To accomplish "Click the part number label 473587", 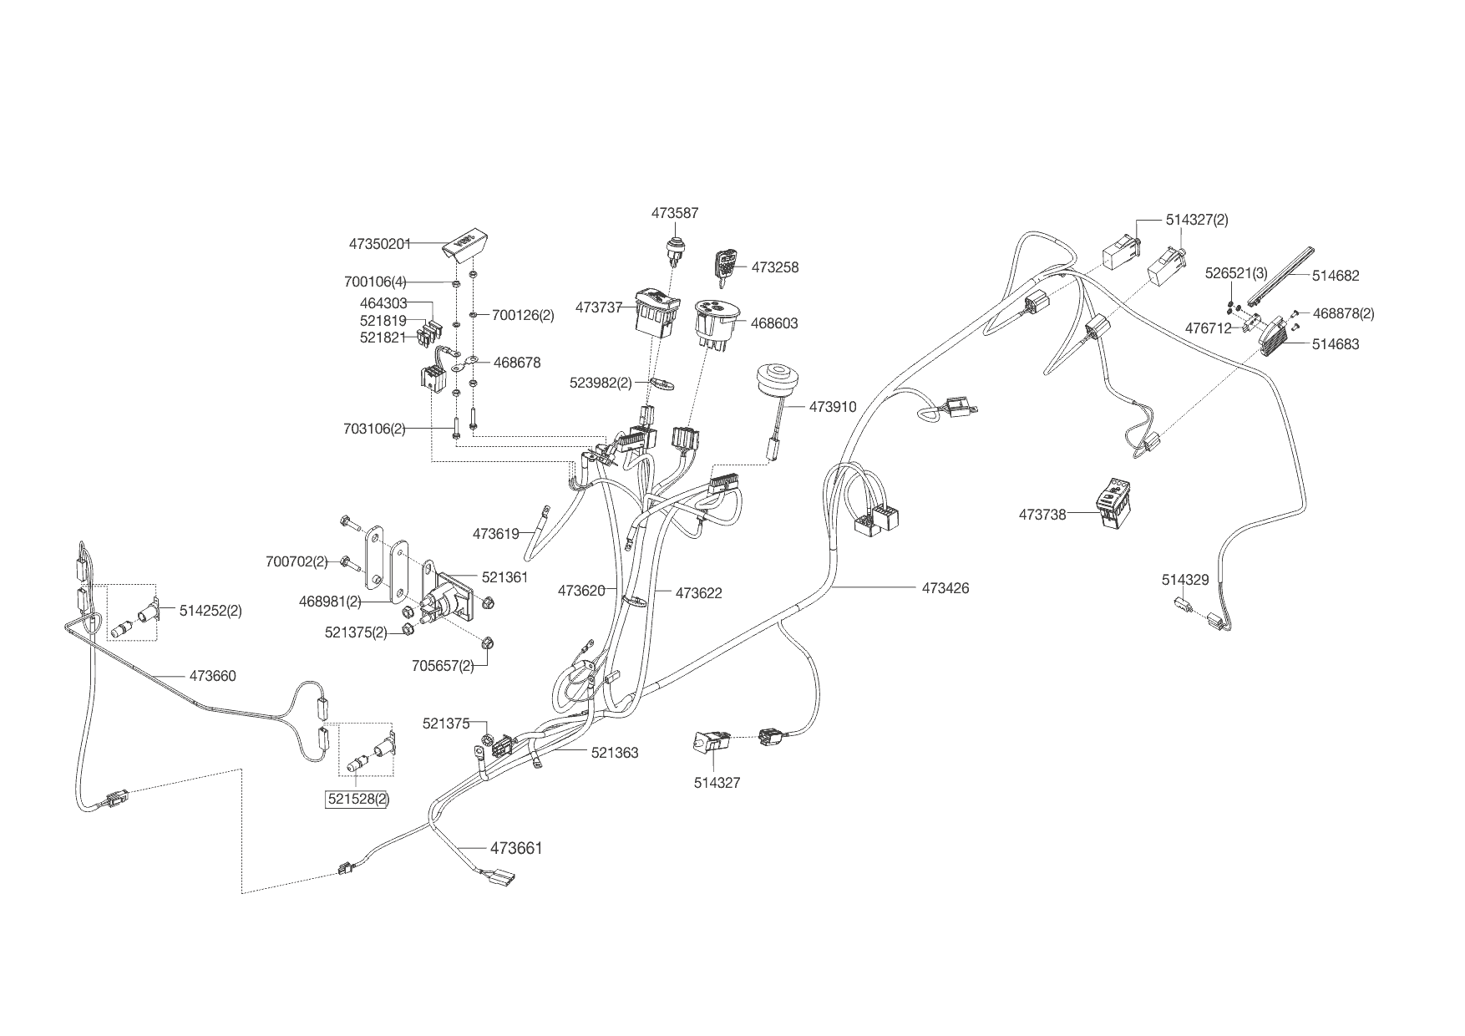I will tap(675, 214).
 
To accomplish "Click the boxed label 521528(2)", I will tap(358, 799).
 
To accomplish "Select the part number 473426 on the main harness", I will tap(945, 588).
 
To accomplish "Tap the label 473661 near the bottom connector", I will tap(516, 849).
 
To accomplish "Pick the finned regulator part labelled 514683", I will tap(1275, 336).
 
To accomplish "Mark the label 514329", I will tap(1184, 580).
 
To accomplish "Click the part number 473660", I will tap(213, 676).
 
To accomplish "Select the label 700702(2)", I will tap(296, 562).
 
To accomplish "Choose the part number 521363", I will tap(615, 753).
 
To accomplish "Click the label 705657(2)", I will tap(443, 666).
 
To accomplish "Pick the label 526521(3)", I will tap(1235, 273).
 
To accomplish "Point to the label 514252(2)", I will tap(210, 611).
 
